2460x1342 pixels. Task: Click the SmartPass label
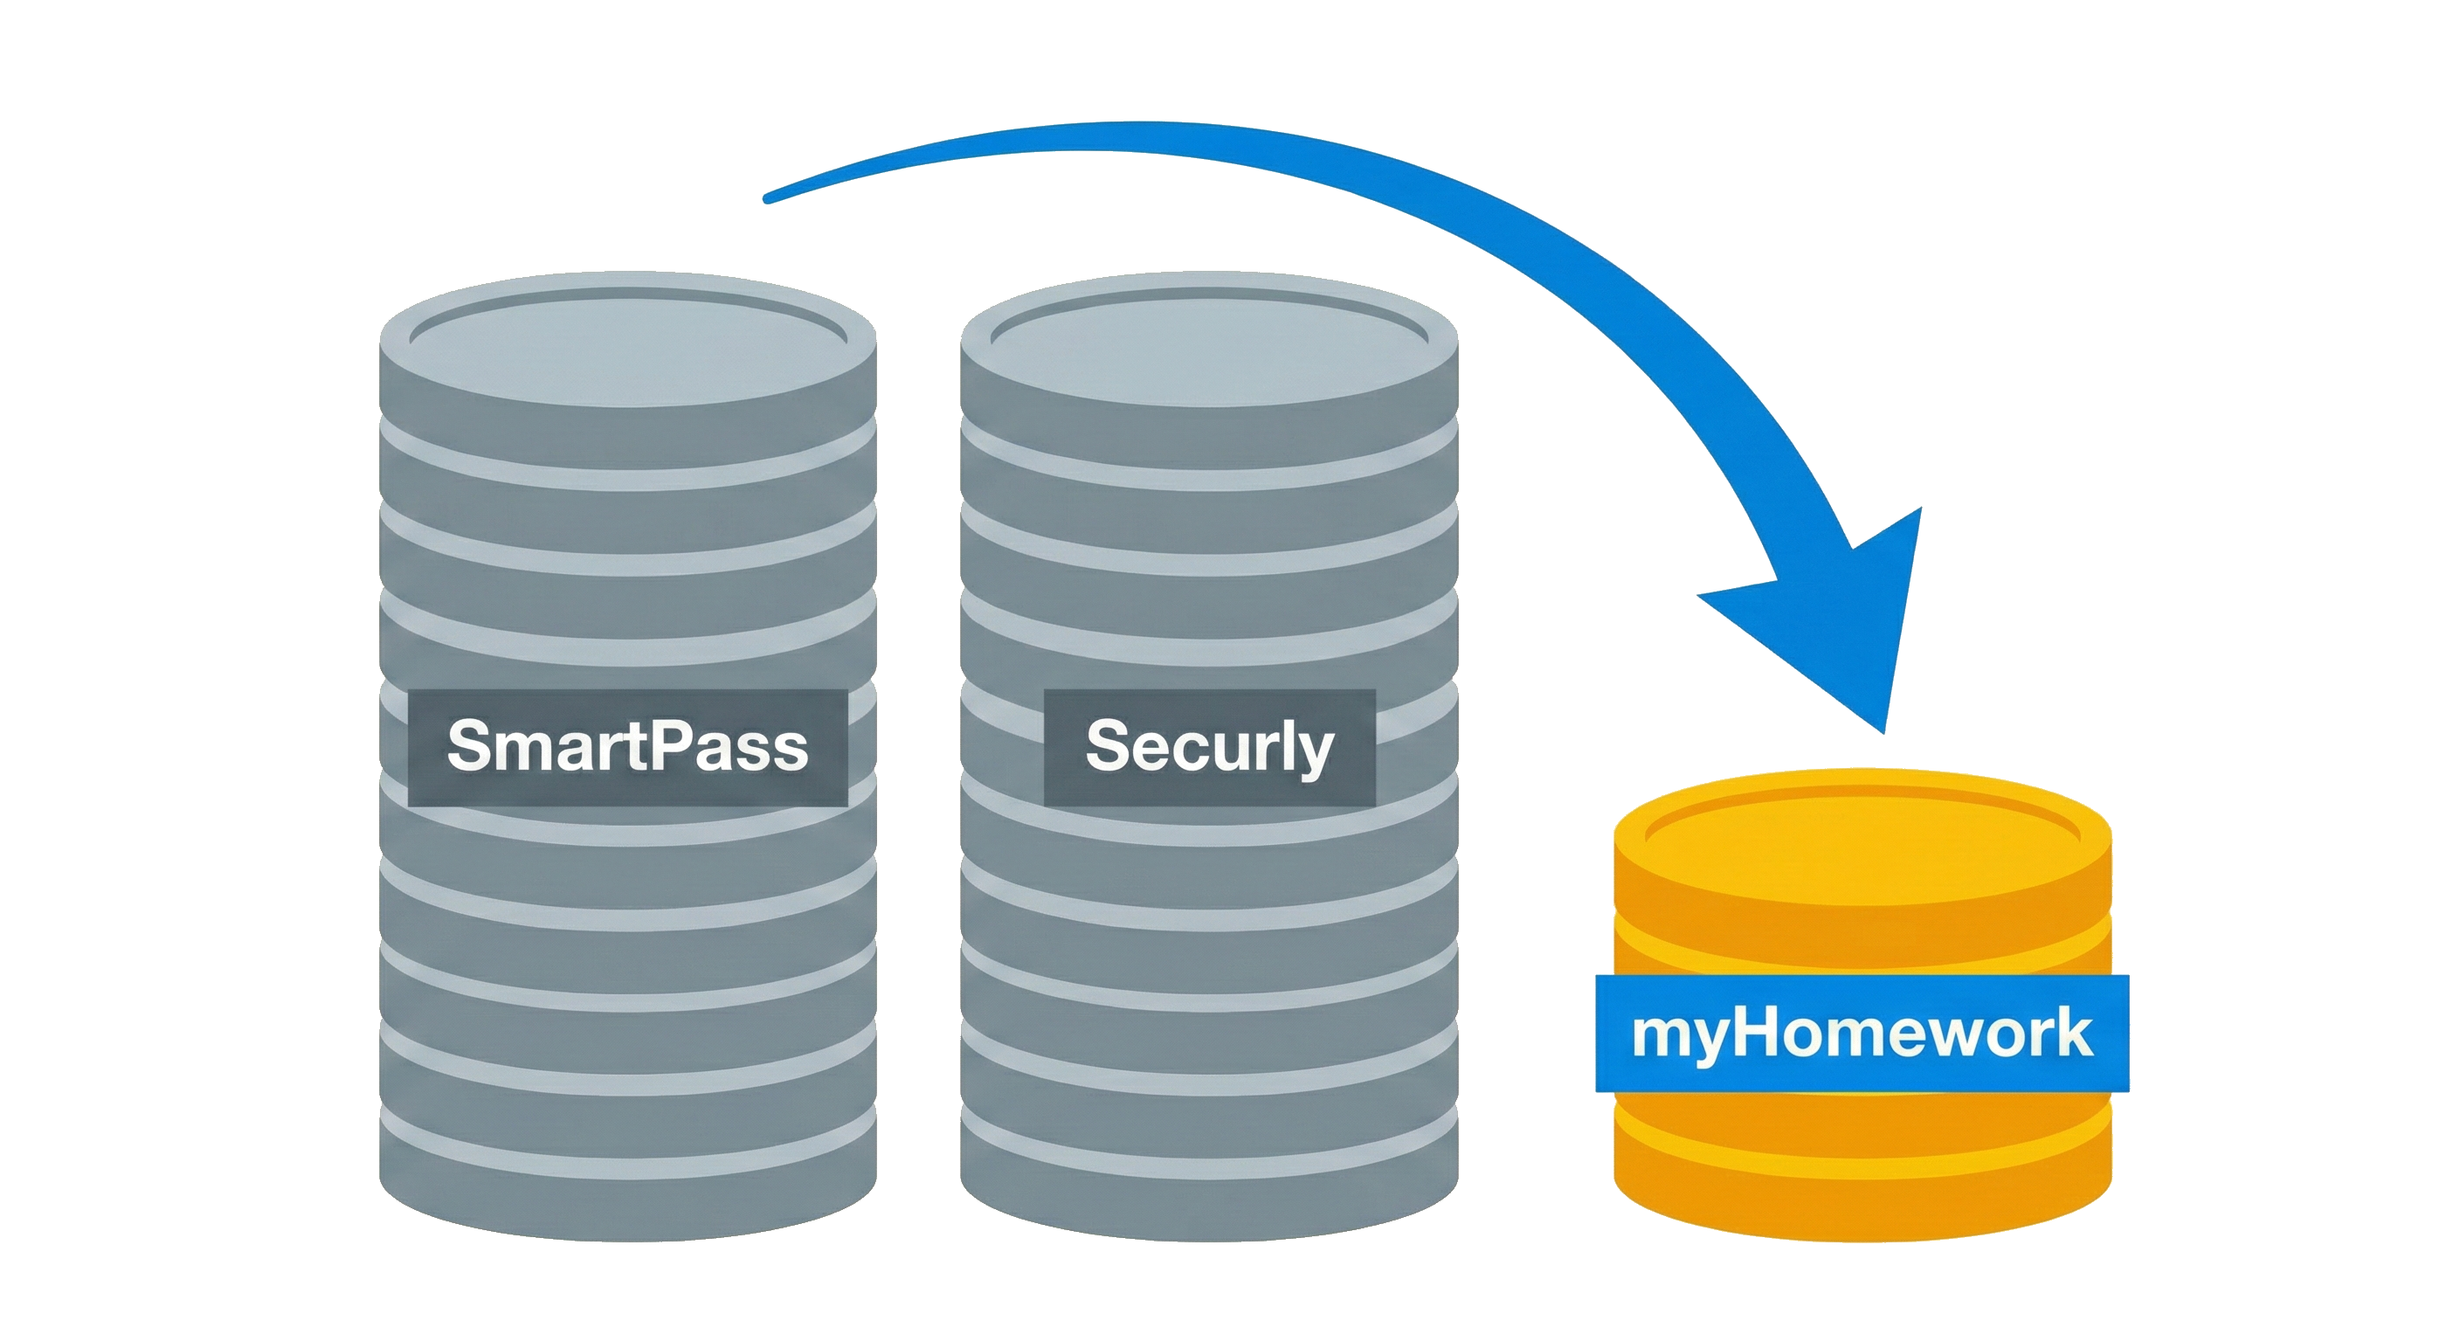coord(627,747)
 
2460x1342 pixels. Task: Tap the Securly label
coord(1209,747)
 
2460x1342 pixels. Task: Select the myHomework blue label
coord(1862,1034)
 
